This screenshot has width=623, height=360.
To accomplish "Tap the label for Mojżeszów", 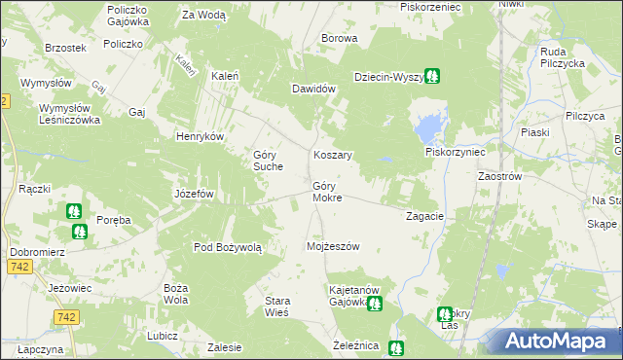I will point(333,246).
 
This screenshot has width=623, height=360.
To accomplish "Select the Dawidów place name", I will point(314,89).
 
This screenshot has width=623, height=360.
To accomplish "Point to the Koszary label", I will point(332,155).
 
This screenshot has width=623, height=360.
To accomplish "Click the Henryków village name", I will point(200,136).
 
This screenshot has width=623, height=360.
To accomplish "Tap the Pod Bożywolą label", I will point(229,248).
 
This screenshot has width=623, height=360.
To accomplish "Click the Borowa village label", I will point(340,39).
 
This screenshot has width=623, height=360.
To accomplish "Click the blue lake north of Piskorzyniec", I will point(426,127).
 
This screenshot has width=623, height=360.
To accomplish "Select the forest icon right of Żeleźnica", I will point(395,347).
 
